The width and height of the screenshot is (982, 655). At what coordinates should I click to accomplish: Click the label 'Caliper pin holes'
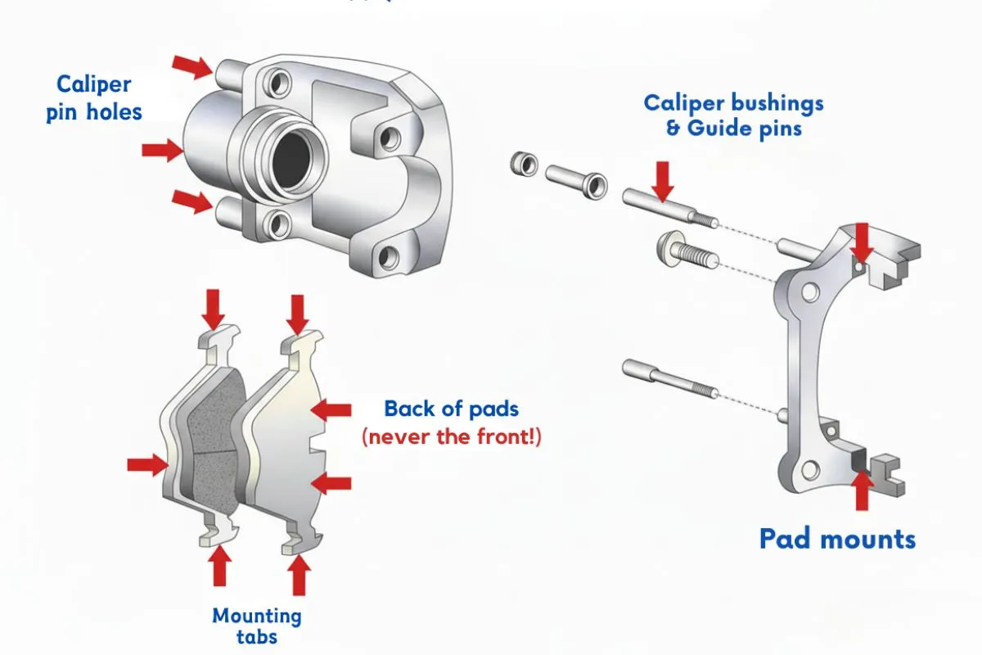pos(93,98)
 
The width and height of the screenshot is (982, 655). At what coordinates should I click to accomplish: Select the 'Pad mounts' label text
pos(836,539)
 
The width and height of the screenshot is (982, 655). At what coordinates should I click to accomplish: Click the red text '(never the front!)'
pos(451,436)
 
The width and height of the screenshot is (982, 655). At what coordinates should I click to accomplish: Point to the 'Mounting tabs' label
pos(257,626)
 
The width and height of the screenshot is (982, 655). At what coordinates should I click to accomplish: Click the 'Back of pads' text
pos(451,409)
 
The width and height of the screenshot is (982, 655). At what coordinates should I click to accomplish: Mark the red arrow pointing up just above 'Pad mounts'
pos(861,490)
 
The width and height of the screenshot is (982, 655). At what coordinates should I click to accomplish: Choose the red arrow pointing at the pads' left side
pos(146,465)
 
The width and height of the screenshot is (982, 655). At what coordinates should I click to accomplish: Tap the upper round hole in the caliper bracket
pos(810,291)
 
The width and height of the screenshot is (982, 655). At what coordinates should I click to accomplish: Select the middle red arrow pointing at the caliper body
pos(162,150)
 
